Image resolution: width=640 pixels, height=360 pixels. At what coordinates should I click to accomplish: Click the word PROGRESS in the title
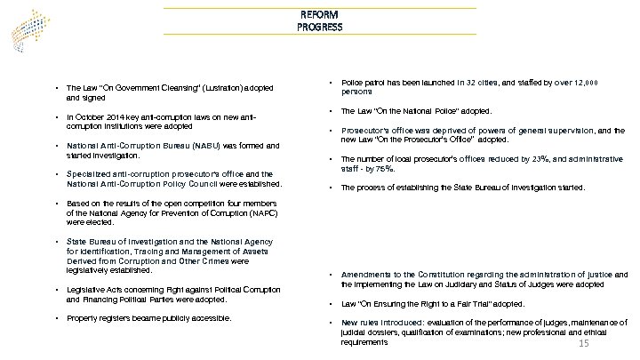coord(319,28)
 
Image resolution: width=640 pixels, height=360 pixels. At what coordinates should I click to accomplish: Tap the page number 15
coord(584,344)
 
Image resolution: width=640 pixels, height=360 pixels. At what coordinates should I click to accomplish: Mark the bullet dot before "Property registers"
coord(57,318)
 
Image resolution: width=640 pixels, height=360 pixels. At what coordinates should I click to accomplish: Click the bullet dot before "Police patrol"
coord(331,82)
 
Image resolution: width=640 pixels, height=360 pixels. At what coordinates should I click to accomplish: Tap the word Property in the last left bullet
coord(83,318)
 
